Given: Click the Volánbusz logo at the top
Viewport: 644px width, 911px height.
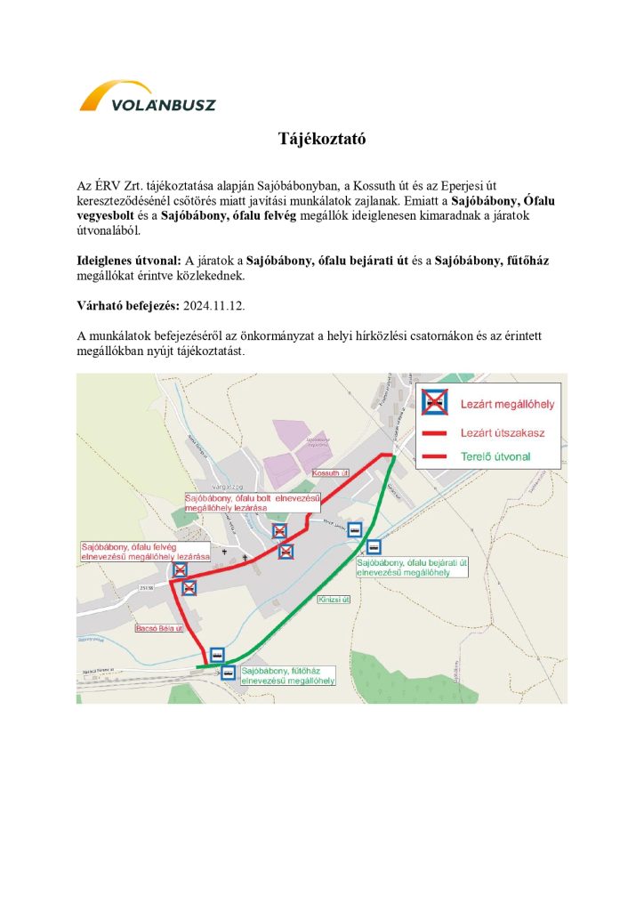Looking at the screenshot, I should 148,97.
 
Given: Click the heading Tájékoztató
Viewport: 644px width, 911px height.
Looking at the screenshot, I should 322,140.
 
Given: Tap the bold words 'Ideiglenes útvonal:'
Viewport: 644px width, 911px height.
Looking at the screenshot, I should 128,261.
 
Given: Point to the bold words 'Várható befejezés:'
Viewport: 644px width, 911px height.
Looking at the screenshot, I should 128,304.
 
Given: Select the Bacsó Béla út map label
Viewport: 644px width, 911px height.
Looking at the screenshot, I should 158,628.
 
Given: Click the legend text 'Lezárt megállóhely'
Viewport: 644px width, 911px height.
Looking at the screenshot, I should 507,404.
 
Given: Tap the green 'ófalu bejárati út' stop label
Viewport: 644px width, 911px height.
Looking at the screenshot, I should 413,568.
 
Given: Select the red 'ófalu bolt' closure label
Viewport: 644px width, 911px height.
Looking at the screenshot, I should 254,503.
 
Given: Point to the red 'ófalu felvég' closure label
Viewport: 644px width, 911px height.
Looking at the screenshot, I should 144,551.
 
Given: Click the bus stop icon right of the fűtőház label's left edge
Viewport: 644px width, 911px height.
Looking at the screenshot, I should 229,673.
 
